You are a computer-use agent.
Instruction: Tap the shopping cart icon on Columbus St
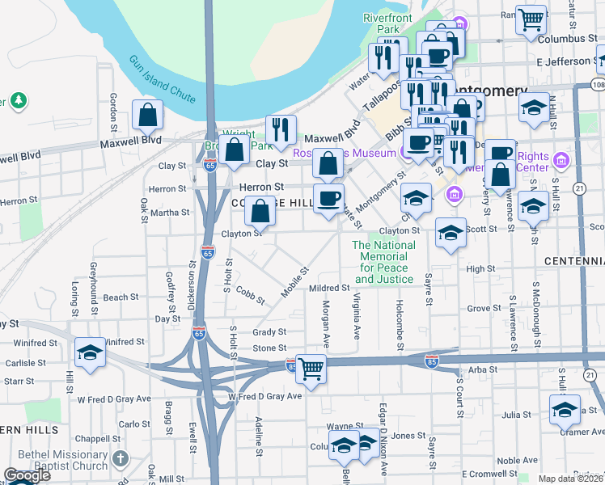click(531, 19)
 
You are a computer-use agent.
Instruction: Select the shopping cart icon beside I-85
click(311, 369)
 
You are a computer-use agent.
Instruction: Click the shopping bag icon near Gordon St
click(148, 116)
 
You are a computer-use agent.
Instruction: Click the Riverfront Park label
click(387, 23)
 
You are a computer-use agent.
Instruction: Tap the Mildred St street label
click(329, 288)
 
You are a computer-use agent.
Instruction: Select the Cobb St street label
click(251, 293)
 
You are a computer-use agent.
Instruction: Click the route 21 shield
click(578, 188)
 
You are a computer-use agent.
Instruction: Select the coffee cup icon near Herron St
click(328, 199)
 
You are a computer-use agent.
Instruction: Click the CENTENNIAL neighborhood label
click(574, 261)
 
